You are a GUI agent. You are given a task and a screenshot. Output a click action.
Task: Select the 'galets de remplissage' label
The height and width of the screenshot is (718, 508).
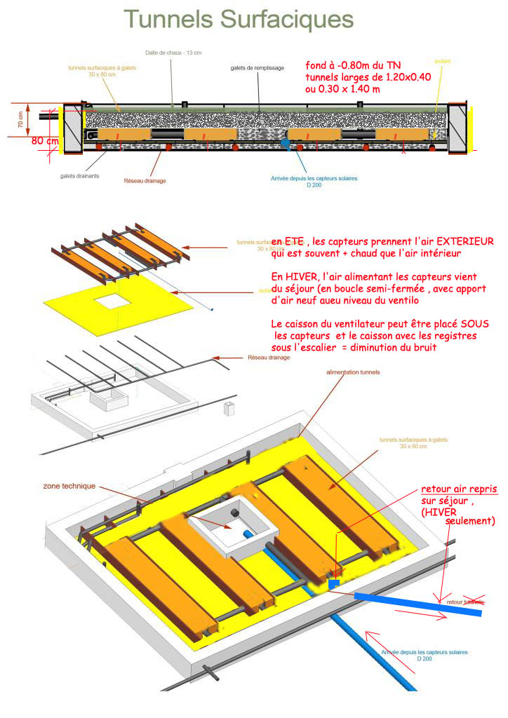pos(257,68)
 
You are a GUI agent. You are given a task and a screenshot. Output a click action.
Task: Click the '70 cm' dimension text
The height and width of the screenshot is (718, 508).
pos(20,121)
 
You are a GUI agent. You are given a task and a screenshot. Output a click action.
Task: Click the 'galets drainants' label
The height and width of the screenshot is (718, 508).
pos(79,176)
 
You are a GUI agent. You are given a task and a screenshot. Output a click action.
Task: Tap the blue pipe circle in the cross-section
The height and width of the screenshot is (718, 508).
pos(285,143)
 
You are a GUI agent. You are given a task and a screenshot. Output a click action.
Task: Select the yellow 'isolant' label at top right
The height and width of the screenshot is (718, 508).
pos(442,62)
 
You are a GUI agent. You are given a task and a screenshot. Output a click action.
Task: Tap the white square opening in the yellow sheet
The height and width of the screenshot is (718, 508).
pos(117,302)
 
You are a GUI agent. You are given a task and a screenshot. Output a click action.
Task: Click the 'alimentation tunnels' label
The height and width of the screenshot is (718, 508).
pos(353,372)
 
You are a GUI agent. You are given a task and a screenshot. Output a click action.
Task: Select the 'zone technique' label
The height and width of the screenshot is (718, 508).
pos(69,486)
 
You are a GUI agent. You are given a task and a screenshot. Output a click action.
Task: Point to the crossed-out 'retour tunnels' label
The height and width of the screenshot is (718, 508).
pos(465,602)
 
